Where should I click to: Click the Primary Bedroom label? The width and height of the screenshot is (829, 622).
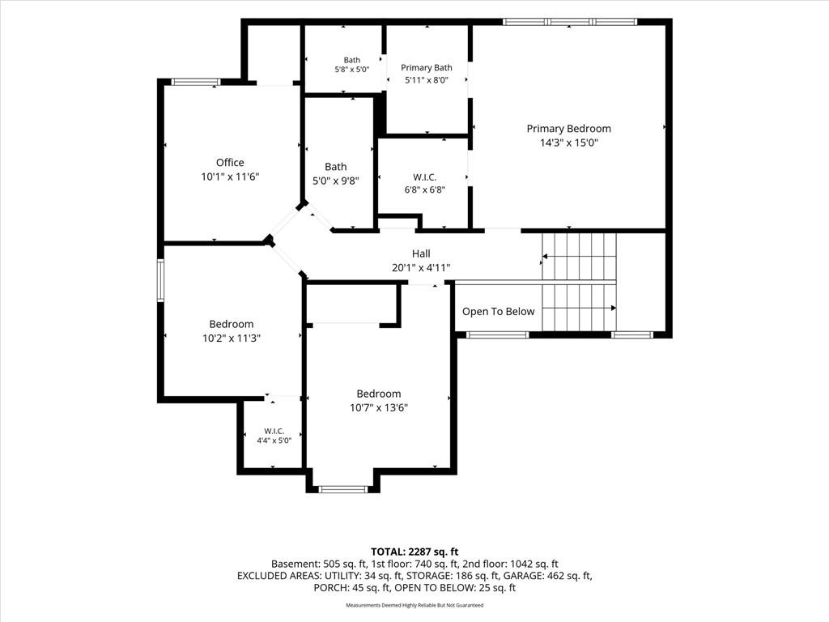click(x=569, y=129)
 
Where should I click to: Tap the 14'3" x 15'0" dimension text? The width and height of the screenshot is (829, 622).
click(x=569, y=143)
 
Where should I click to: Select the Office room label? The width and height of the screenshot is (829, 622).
click(x=230, y=162)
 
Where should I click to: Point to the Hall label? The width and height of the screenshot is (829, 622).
click(x=421, y=253)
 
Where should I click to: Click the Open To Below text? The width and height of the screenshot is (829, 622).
click(x=499, y=312)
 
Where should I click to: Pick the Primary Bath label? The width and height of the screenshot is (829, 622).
click(x=427, y=68)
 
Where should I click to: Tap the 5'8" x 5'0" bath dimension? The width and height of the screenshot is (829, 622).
click(x=352, y=70)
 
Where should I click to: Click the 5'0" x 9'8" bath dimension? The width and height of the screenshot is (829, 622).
click(x=336, y=181)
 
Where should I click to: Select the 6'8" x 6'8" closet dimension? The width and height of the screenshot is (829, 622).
click(x=425, y=190)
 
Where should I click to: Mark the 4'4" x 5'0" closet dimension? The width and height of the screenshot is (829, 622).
click(x=274, y=440)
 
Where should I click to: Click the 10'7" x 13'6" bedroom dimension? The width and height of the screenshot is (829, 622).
click(x=379, y=407)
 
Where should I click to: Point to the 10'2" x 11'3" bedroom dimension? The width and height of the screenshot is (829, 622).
click(x=231, y=338)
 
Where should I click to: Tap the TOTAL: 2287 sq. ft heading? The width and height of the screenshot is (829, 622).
click(x=414, y=552)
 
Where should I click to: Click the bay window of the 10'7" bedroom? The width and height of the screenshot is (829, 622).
click(x=343, y=489)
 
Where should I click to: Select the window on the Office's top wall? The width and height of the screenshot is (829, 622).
click(x=196, y=82)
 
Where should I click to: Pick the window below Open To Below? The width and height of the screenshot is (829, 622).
click(x=498, y=334)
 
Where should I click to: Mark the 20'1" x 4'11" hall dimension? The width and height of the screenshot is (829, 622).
click(x=421, y=267)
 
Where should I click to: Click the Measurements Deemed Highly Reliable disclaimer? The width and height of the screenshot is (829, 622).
click(x=414, y=605)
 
